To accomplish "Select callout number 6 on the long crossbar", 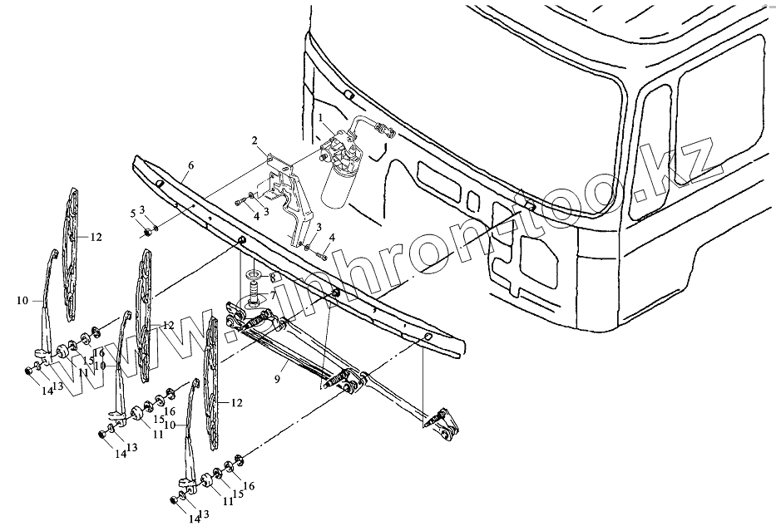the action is pyautogui.click(x=190, y=166).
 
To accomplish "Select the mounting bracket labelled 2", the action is pyautogui.click(x=291, y=204).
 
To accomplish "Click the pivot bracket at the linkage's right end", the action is pyautogui.click(x=440, y=423).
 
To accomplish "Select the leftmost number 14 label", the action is pyautogui.click(x=47, y=391).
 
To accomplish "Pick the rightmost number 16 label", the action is pyautogui.click(x=248, y=486).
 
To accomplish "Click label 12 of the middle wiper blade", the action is pyautogui.click(x=168, y=325).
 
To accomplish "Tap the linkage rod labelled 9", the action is pyautogui.click(x=291, y=349).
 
